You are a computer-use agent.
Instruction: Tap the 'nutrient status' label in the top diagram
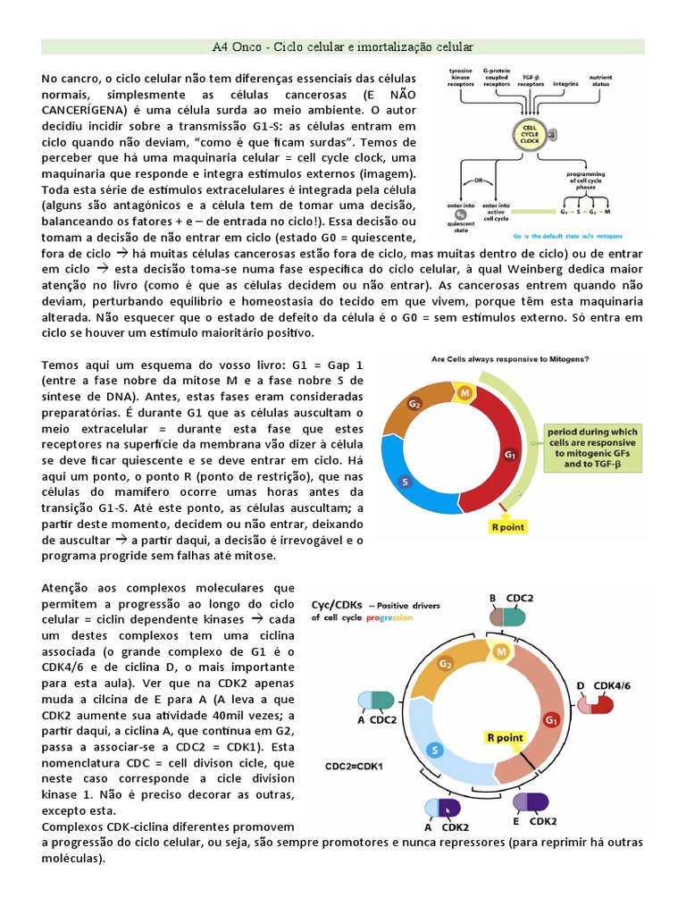601,81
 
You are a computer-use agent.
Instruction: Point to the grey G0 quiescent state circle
461,214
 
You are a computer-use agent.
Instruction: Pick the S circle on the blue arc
405,483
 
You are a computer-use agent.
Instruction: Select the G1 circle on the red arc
510,454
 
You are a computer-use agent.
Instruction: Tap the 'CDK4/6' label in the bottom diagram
615,685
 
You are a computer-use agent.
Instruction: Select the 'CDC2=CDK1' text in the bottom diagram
354,766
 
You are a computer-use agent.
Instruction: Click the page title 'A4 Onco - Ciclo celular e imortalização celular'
342,46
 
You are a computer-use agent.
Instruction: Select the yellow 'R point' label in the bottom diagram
505,737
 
